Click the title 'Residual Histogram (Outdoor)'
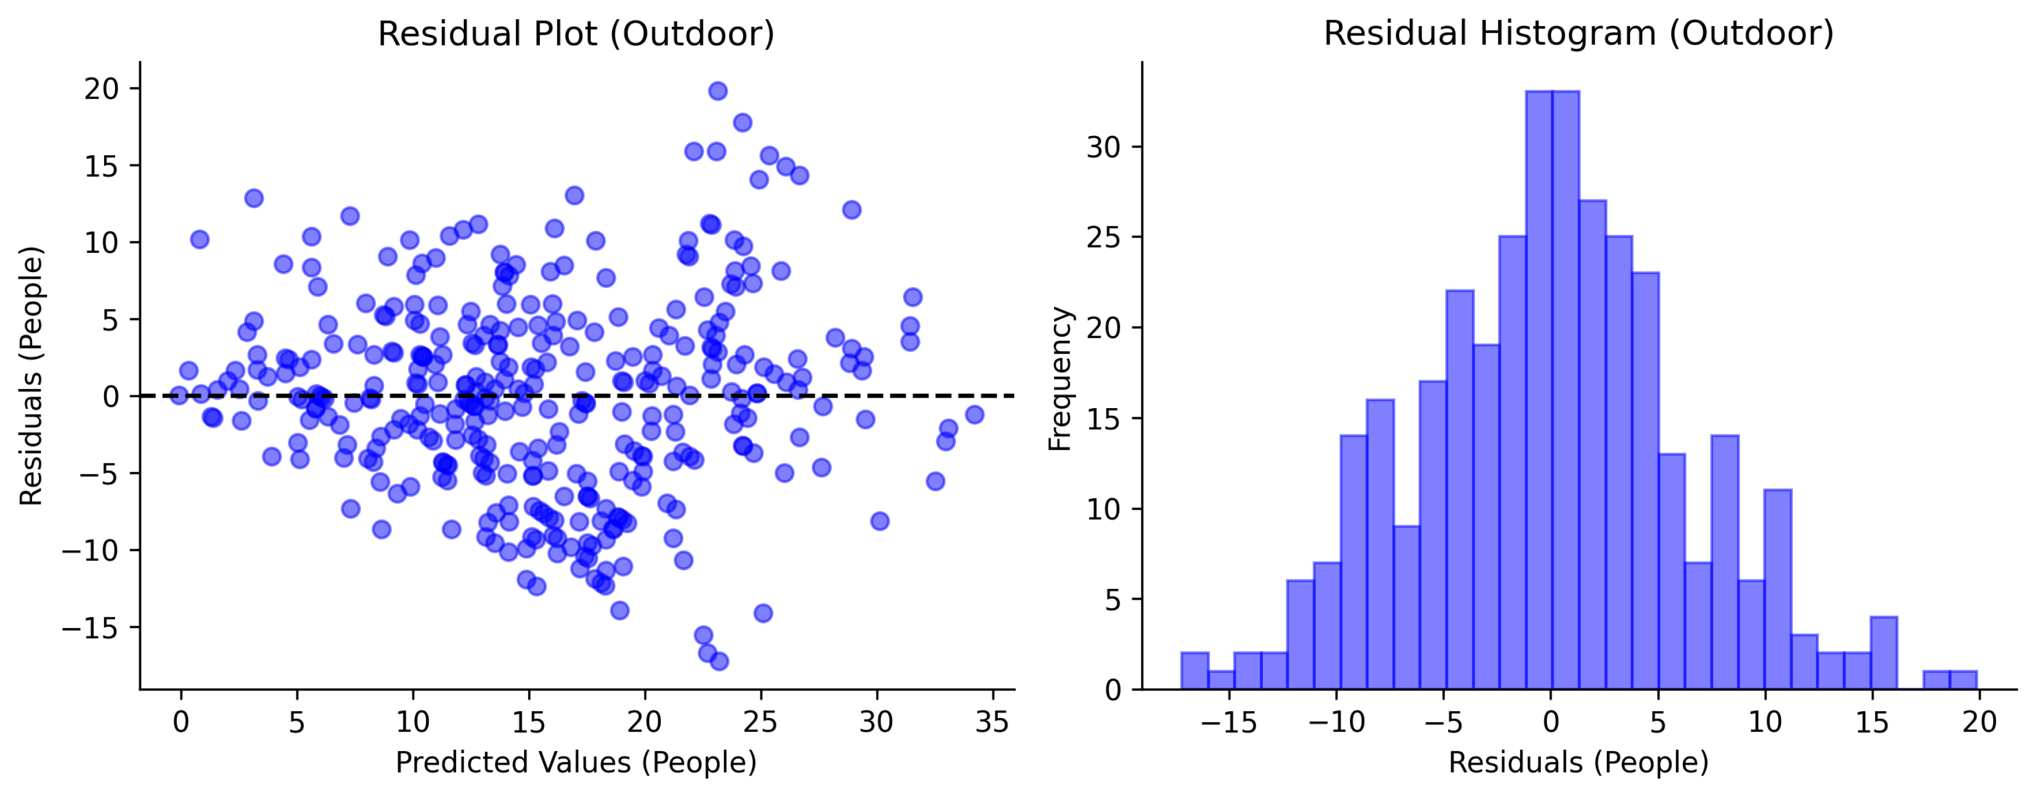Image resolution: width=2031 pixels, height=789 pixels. click(x=1578, y=34)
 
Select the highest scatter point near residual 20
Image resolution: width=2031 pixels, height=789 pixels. click(x=718, y=91)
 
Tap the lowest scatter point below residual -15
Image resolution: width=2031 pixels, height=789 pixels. click(x=719, y=661)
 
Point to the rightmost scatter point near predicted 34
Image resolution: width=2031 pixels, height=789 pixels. click(x=975, y=414)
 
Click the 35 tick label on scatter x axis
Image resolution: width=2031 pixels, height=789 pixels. click(x=992, y=722)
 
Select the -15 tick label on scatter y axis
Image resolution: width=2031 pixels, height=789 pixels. click(x=89, y=628)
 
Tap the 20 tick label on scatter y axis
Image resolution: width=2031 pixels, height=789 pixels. click(x=101, y=88)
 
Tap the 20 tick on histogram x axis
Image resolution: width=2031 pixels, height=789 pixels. click(x=1979, y=722)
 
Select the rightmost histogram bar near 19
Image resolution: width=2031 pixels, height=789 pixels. click(x=1963, y=680)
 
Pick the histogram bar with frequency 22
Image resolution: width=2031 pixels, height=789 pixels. click(x=1459, y=489)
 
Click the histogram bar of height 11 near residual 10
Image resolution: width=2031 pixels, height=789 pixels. click(x=1777, y=590)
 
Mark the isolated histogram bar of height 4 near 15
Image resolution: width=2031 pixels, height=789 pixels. click(x=1883, y=654)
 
